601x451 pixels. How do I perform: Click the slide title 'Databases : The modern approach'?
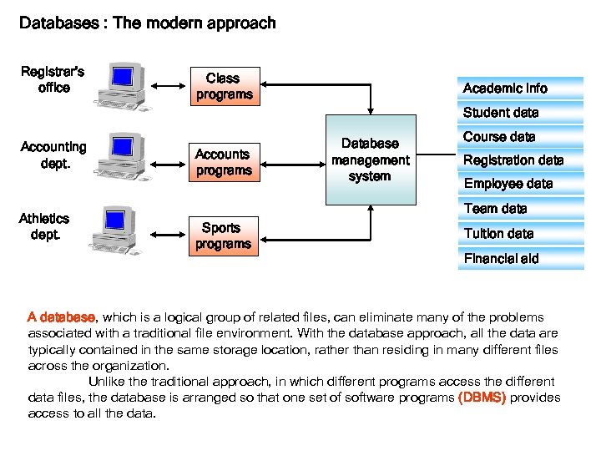coord(147,23)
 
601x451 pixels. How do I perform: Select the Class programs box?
coord(223,87)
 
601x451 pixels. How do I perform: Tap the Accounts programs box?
coord(223,162)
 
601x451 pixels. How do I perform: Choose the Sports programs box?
coord(223,236)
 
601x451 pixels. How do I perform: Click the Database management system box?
coord(370,160)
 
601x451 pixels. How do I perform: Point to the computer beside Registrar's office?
coord(122,86)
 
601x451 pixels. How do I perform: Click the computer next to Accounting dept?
coord(122,159)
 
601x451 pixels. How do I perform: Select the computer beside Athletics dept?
coord(122,230)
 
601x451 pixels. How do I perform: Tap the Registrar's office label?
coord(53,79)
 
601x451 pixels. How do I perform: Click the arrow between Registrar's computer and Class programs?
coord(169,85)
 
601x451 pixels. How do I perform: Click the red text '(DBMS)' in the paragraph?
coord(482,398)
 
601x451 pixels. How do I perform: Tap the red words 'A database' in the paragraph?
coord(62,317)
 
